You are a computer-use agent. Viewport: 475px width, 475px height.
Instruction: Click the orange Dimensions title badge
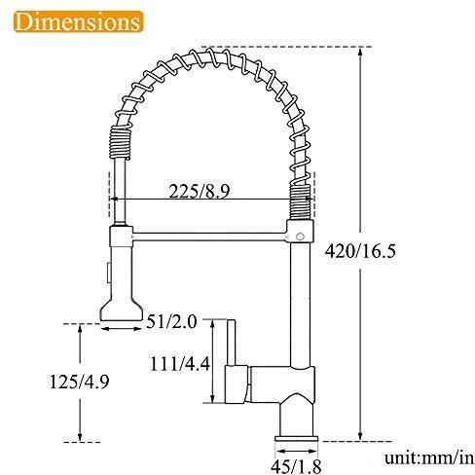(79, 21)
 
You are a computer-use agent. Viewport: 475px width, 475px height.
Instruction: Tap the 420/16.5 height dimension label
(360, 251)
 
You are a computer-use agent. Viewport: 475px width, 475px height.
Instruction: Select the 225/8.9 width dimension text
(200, 191)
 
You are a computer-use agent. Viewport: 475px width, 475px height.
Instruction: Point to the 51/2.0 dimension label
(171, 322)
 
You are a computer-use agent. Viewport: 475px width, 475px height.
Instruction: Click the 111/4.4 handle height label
(180, 364)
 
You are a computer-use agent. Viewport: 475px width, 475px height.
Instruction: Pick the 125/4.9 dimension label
(79, 382)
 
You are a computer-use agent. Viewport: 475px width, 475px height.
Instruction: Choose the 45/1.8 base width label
(296, 466)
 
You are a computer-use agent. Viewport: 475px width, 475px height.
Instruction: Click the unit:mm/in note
(429, 458)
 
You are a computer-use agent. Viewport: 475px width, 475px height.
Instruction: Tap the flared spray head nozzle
(122, 310)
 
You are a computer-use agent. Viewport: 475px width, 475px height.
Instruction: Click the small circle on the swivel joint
(301, 237)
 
